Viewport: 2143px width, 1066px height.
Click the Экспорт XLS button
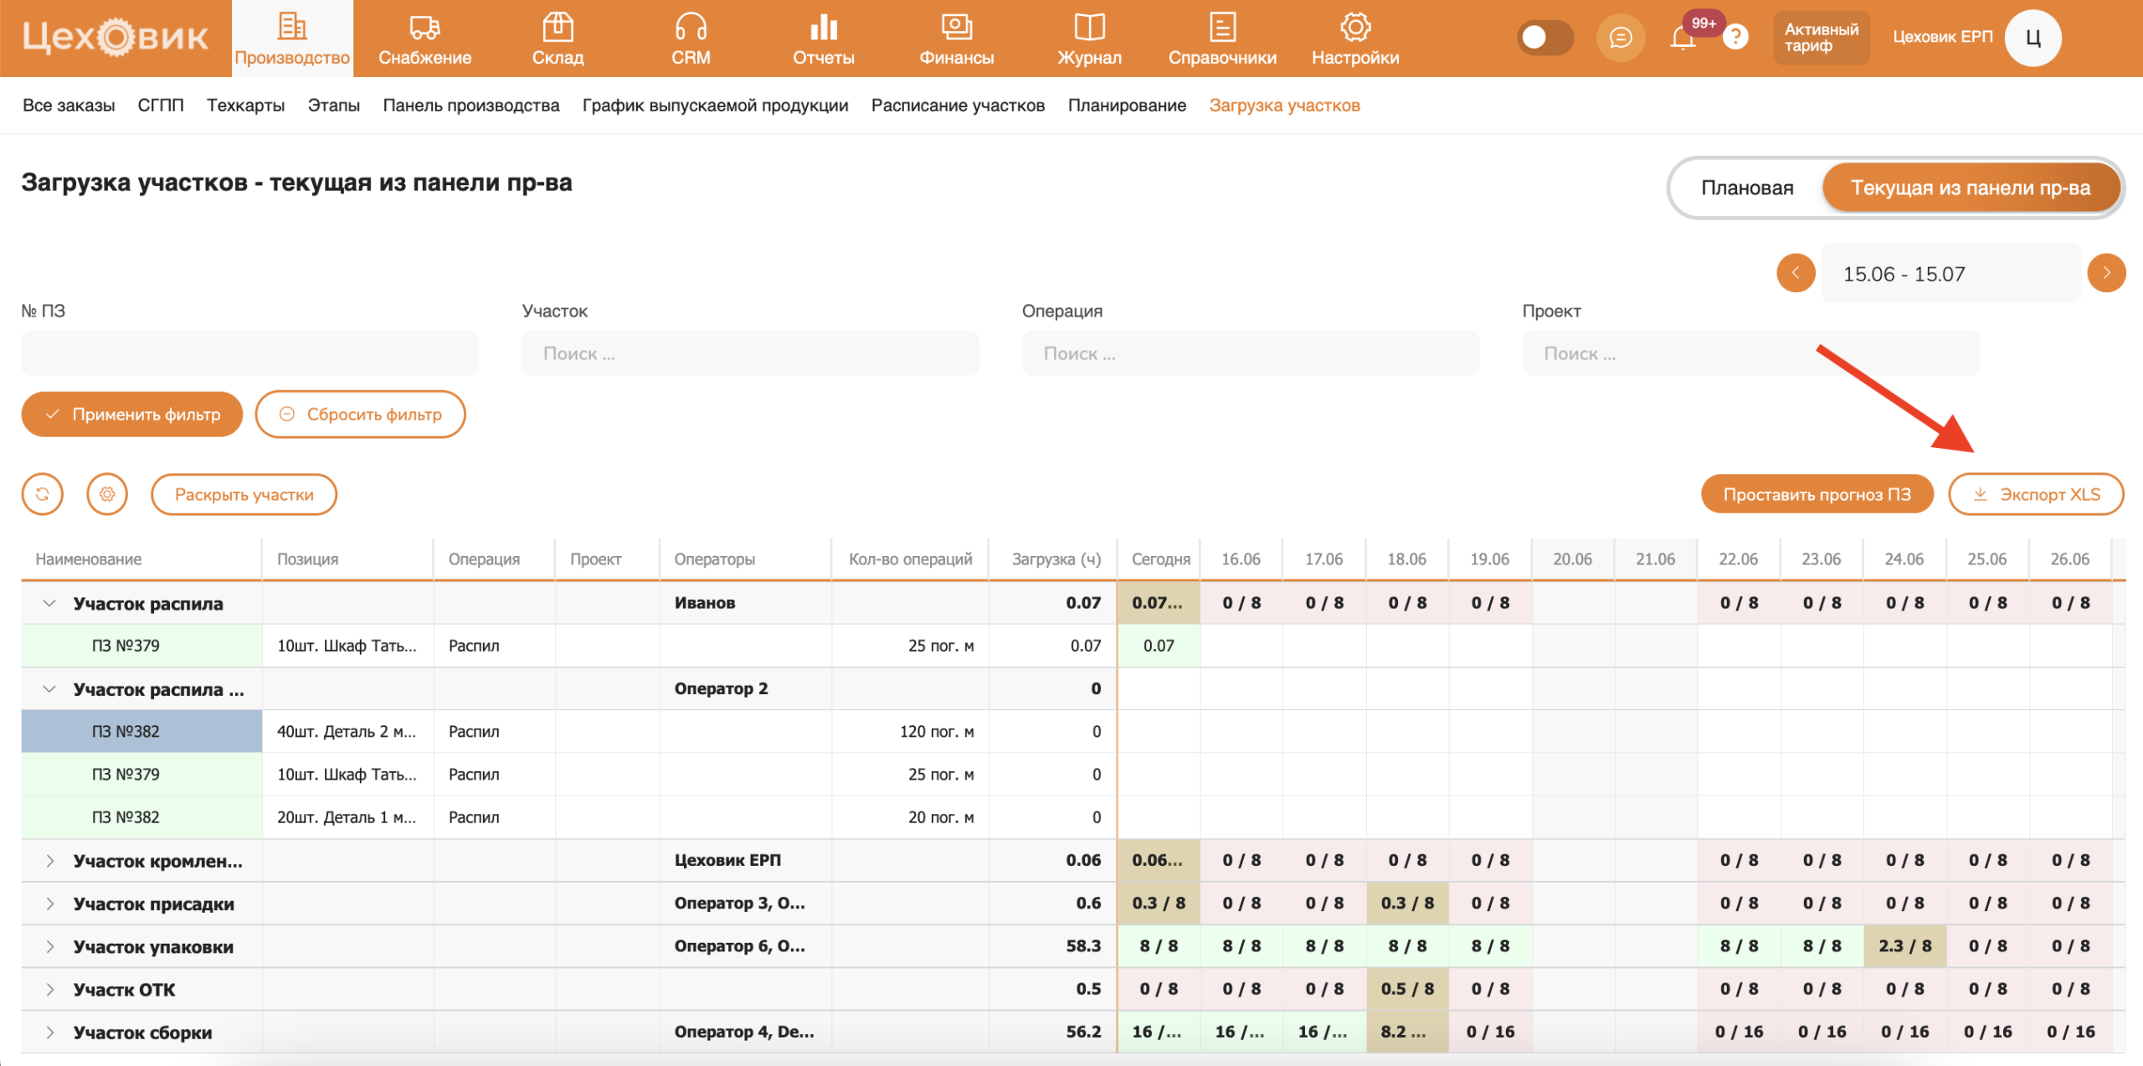[x=2036, y=494]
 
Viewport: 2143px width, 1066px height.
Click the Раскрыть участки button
[x=244, y=494]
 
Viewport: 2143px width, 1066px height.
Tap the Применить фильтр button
[x=132, y=414]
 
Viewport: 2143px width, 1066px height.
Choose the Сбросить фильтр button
[x=360, y=414]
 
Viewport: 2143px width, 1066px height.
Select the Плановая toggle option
[x=1747, y=188]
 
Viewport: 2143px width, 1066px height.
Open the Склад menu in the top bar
[x=558, y=39]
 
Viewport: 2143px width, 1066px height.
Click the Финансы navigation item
[x=957, y=39]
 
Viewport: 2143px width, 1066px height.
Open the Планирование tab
[x=1127, y=106]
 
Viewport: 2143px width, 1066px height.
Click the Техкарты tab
[x=245, y=106]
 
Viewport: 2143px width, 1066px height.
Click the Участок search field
[x=750, y=353]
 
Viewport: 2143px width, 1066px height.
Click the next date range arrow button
[x=2106, y=273]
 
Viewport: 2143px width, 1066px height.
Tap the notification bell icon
[x=1683, y=38]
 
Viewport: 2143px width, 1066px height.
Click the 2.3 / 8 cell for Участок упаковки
[x=1904, y=946]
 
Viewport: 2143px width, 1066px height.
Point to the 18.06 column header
[x=1406, y=559]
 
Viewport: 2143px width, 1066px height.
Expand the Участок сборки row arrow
[x=50, y=1033]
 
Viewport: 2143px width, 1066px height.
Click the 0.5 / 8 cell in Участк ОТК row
[x=1407, y=989]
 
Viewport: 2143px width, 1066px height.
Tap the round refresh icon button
[x=42, y=494]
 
